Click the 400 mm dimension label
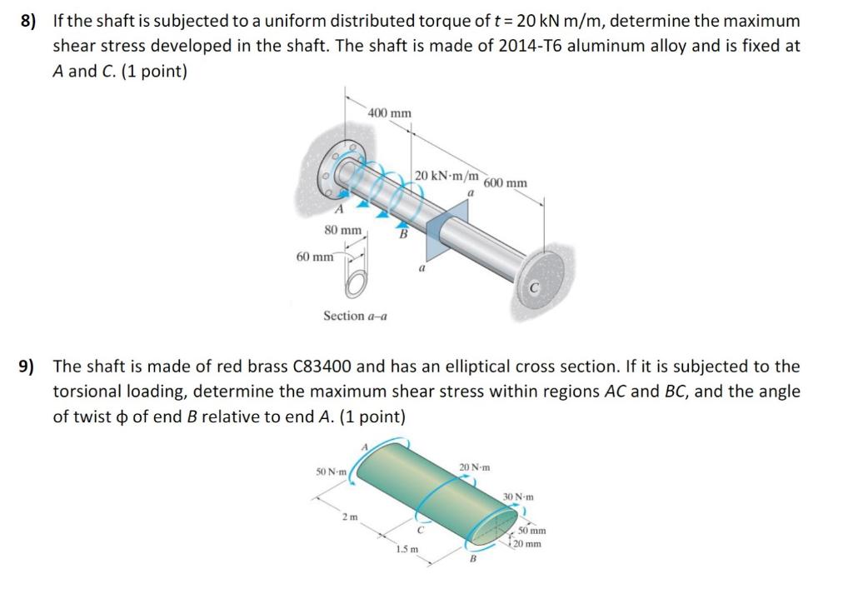[x=390, y=112]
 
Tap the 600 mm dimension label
[x=505, y=183]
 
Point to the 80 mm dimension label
[x=342, y=229]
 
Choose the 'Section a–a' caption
[x=354, y=316]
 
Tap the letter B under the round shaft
[x=403, y=236]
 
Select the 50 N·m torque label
[x=332, y=472]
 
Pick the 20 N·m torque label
[x=475, y=467]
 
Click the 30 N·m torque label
[x=518, y=497]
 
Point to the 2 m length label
[x=348, y=518]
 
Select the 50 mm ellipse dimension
[x=531, y=531]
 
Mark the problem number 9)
[x=31, y=367]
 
